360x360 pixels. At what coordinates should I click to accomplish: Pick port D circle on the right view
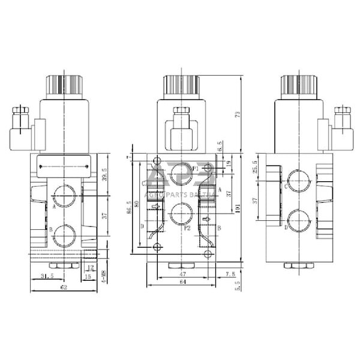299,220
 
